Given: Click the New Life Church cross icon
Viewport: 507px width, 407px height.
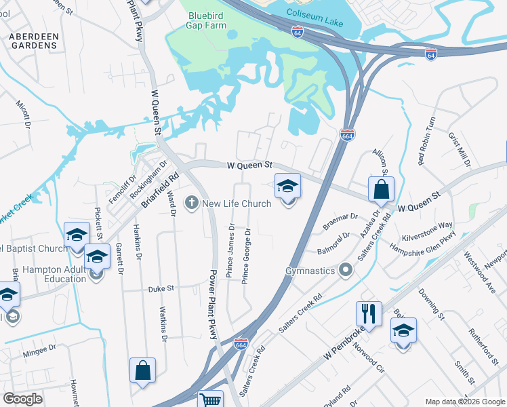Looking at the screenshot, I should tap(192, 203).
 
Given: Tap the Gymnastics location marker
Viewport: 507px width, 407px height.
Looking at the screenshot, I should tap(346, 271).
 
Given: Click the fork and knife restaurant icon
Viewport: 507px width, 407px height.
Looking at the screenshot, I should tap(369, 313).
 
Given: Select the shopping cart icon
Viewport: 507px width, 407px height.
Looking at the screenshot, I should tap(211, 400).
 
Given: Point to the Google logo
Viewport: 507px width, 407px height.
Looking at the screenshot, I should tap(22, 399).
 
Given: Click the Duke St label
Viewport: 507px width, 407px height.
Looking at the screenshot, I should tap(162, 288).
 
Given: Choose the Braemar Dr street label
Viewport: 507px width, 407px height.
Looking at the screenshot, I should tap(340, 217).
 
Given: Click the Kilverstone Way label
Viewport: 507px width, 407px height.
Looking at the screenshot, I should tap(427, 225).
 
